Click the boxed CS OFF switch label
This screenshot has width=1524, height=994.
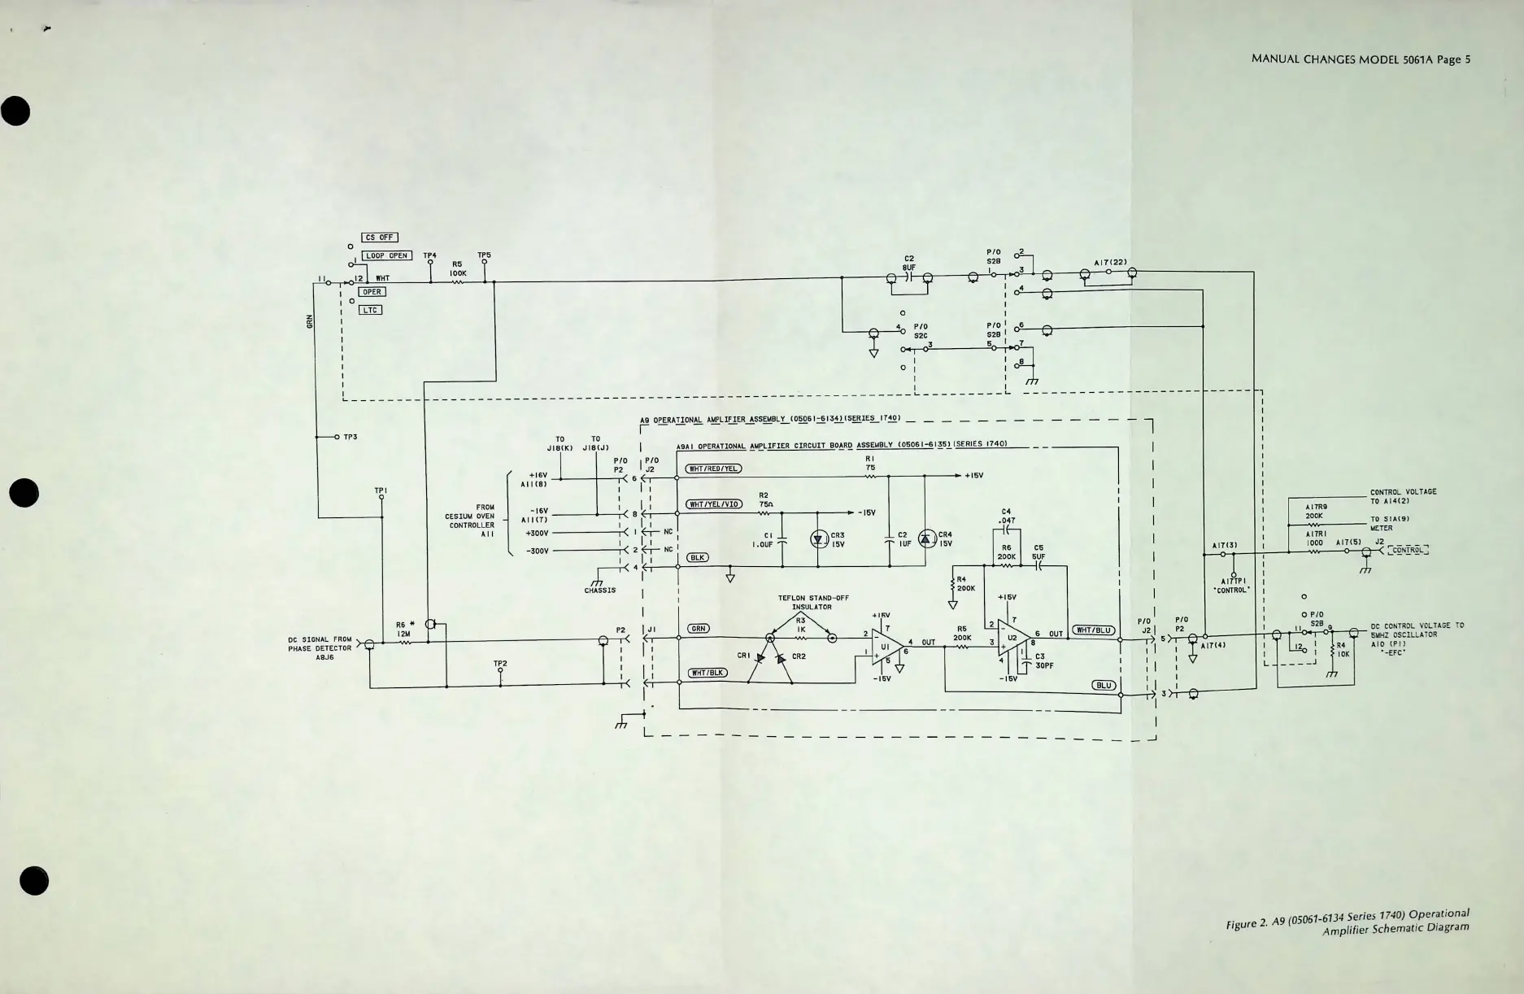379,238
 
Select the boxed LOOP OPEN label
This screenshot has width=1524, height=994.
386,255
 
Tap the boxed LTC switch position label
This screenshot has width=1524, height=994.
370,310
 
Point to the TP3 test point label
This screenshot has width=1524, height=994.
350,438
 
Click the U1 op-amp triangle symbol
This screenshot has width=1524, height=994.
886,646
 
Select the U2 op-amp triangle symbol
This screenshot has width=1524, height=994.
1013,639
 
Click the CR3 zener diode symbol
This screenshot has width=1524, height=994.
818,539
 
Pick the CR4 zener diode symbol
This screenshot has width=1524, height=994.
926,538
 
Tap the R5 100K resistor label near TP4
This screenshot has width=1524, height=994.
457,268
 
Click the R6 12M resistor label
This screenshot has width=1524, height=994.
404,629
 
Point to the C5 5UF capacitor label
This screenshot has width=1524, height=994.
1038,552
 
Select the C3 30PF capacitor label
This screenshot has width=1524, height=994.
1044,660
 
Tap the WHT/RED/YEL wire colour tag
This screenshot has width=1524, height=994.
714,469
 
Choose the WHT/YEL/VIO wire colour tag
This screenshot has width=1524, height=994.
714,504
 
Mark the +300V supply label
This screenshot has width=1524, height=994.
537,534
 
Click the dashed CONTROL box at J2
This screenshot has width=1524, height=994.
1408,551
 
